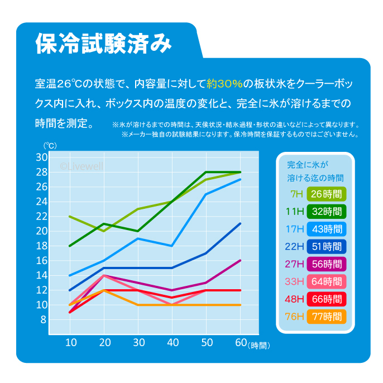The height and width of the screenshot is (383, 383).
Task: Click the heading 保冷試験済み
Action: pos(103,43)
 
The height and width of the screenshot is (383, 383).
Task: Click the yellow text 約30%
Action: pos(224,84)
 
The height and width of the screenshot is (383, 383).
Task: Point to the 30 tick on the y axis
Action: pos(42,157)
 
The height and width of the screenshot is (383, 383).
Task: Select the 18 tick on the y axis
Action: pos(42,246)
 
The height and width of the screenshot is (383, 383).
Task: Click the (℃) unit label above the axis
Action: pos(50,146)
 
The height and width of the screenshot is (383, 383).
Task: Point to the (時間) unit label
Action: pos(260,346)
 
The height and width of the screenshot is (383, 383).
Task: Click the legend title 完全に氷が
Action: pos(307,165)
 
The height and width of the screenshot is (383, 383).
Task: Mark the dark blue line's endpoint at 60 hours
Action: pos(240,224)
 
